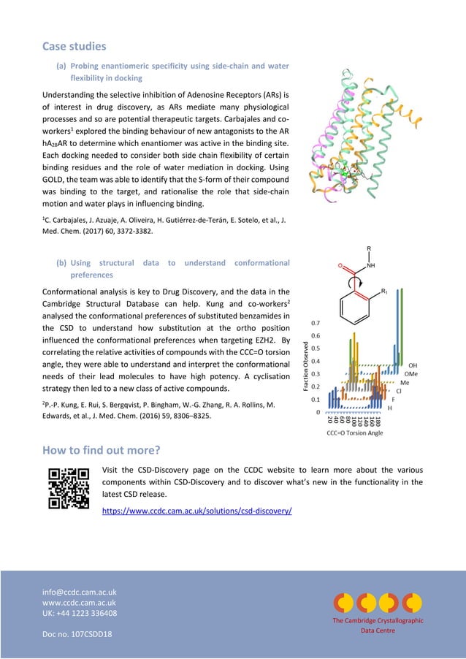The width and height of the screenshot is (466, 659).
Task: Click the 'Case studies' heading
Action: tap(74, 46)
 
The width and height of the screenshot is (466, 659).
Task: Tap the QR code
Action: tap(68, 487)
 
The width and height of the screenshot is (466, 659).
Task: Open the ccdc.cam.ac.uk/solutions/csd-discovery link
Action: tap(198, 509)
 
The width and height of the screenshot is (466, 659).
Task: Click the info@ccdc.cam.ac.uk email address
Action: tap(80, 591)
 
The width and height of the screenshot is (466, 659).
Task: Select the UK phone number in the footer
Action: tap(80, 613)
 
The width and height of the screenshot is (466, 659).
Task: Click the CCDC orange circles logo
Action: tap(378, 602)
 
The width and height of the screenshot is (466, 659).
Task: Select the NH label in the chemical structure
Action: tap(371, 266)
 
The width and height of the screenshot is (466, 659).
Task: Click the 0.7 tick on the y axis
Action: tap(316, 321)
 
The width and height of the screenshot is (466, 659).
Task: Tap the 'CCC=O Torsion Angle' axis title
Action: tap(354, 433)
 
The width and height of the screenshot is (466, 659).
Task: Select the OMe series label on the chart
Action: tap(411, 373)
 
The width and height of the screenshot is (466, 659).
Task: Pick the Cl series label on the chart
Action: tap(399, 391)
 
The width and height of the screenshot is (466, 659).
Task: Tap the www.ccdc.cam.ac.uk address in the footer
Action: tap(80, 602)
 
